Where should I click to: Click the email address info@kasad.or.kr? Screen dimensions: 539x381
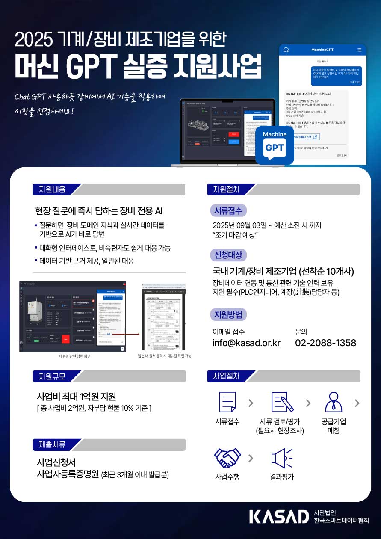tap(246, 343)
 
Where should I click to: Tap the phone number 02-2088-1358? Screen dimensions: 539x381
tap(325, 343)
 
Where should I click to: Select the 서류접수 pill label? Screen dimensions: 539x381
tap(228, 210)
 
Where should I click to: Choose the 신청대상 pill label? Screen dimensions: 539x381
tap(228, 255)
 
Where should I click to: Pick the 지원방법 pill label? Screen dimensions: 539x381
tap(228, 315)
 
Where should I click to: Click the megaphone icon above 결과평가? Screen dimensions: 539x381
tap(282, 458)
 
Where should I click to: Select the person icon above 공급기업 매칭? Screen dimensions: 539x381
tap(334, 402)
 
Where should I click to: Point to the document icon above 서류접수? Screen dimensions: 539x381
tap(227, 402)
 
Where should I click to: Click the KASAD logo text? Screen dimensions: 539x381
tap(278, 516)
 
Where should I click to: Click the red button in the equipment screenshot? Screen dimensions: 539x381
tap(66, 339)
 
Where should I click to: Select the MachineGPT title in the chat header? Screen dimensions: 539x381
tap(322, 50)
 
